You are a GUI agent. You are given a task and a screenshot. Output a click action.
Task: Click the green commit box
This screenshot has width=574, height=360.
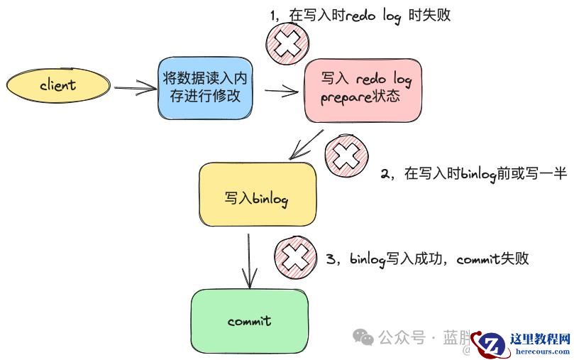coord(249,321)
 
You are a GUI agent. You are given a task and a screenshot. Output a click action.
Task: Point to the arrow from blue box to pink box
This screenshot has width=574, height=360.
coord(281,90)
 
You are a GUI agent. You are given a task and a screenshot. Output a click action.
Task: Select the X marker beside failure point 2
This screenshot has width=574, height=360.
coord(347,156)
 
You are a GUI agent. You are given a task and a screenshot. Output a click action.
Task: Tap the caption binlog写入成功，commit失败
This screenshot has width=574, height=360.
coord(428,258)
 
